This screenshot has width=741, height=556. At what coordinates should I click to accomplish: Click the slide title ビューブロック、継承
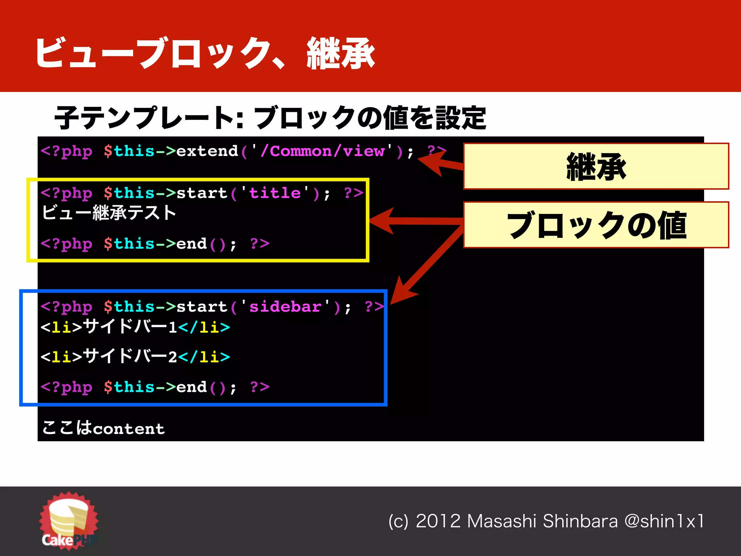coord(205,53)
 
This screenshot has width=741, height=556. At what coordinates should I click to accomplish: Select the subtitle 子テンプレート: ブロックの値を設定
coord(270,118)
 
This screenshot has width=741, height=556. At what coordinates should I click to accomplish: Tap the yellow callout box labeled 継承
coord(596,167)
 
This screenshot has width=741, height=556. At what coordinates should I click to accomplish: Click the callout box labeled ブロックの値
coord(596,225)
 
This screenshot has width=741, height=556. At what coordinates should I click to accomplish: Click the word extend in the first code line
coord(207,151)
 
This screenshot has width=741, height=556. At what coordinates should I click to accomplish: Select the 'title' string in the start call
coord(275,193)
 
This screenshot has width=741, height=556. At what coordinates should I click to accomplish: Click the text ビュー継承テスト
coord(109,213)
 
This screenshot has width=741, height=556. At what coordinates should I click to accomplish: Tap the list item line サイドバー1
coord(135,327)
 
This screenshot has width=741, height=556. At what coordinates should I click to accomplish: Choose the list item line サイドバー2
coord(135,357)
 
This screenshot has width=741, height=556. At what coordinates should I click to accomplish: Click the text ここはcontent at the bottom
coord(103,428)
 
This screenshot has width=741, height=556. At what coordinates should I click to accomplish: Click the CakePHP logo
coord(69,521)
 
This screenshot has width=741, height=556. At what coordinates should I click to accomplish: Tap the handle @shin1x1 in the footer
coord(664,521)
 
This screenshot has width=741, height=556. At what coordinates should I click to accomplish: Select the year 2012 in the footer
coord(438,521)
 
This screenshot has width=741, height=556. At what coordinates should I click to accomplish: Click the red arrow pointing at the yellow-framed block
coord(416,220)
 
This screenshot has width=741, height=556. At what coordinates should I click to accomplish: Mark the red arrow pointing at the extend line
coord(440,163)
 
